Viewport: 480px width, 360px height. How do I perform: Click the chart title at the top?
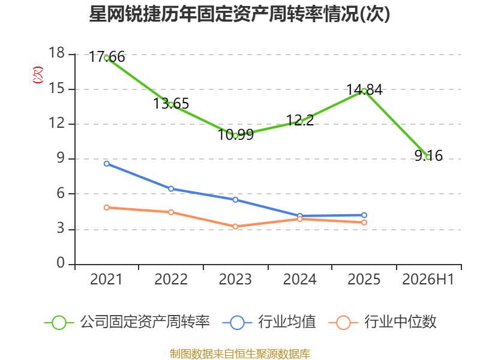pyautogui.click(x=239, y=14)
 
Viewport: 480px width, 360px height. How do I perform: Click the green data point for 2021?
pyautogui.click(x=107, y=58)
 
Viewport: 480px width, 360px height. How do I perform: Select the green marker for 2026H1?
pyautogui.click(x=428, y=157)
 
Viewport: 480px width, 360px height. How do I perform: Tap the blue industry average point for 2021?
pyautogui.click(x=107, y=164)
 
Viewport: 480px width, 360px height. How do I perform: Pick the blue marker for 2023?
pyautogui.click(x=235, y=200)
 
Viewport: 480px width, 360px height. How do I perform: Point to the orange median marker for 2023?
pyautogui.click(x=235, y=227)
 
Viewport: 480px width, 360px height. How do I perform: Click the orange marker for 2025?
pyautogui.click(x=364, y=223)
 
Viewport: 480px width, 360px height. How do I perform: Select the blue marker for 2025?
pyautogui.click(x=364, y=215)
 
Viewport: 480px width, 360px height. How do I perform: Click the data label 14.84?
pyautogui.click(x=364, y=89)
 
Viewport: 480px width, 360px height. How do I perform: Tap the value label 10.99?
pyautogui.click(x=236, y=134)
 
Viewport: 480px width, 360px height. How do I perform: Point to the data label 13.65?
pyautogui.click(x=171, y=103)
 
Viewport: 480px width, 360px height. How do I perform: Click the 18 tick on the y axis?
pyautogui.click(x=56, y=53)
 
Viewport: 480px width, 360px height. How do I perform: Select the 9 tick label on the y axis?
pyautogui.click(x=61, y=158)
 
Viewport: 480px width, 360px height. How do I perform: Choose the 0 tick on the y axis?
pyautogui.click(x=61, y=263)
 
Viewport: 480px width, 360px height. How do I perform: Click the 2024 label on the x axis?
pyautogui.click(x=299, y=279)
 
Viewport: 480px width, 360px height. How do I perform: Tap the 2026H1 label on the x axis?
pyautogui.click(x=428, y=279)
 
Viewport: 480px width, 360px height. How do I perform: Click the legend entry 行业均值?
pyautogui.click(x=269, y=322)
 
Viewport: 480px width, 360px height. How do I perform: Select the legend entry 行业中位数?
pyautogui.click(x=382, y=322)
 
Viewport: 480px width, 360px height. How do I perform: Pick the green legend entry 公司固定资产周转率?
pyautogui.click(x=127, y=322)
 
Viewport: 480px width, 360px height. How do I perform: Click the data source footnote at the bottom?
pyautogui.click(x=240, y=354)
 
